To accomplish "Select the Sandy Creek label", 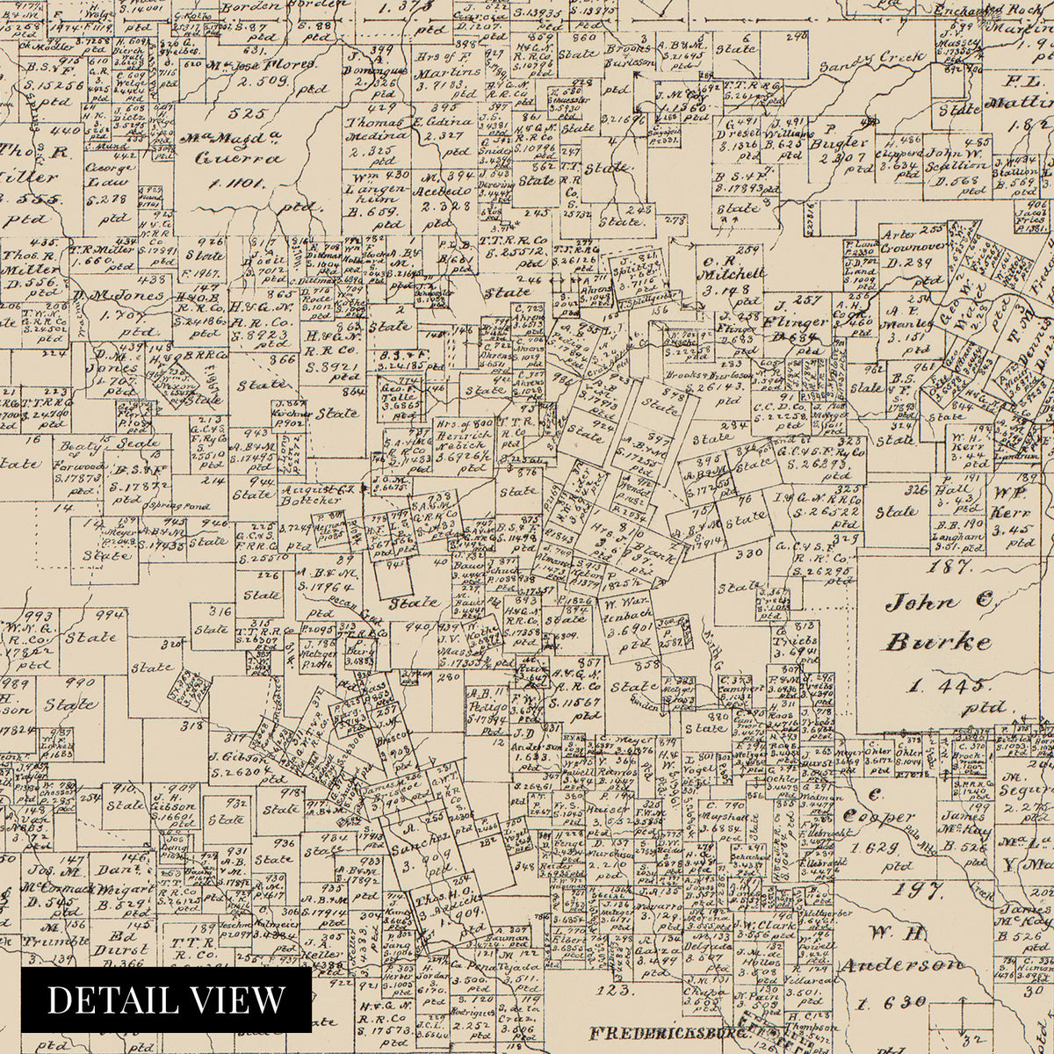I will click(x=872, y=63).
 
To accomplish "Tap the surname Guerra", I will click(x=227, y=160).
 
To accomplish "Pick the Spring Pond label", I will click(x=178, y=507).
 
